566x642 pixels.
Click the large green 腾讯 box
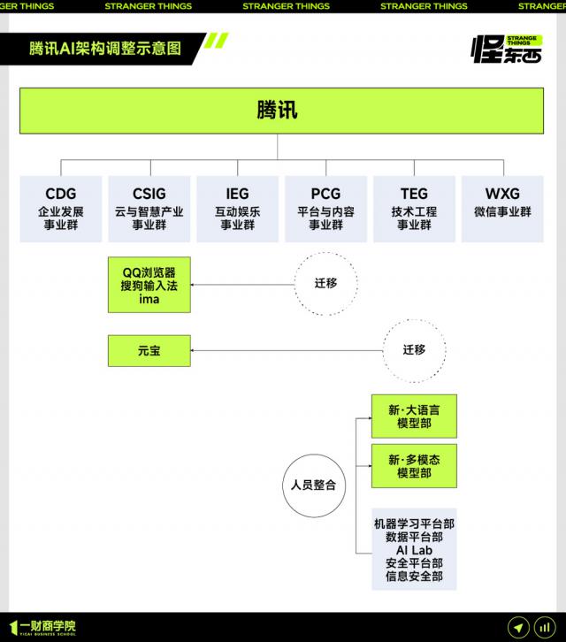click(281, 111)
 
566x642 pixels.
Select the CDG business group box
click(61, 209)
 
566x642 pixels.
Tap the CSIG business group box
click(149, 209)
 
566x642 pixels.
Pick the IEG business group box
click(238, 209)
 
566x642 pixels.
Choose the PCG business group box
click(325, 209)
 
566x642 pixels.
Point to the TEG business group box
click(414, 209)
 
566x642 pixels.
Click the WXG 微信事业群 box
click(502, 209)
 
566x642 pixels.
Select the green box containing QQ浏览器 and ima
click(149, 285)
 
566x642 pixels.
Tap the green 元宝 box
click(149, 351)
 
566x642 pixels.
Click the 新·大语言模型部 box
click(414, 417)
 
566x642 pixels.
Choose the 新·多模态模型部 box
click(414, 466)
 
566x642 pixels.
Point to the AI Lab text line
click(414, 550)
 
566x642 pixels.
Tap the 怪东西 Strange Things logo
click(507, 50)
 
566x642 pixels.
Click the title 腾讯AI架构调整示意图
click(105, 49)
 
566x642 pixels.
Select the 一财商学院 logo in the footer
click(42, 628)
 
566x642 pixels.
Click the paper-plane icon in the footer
click(518, 627)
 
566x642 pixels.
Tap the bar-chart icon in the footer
click(545, 627)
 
